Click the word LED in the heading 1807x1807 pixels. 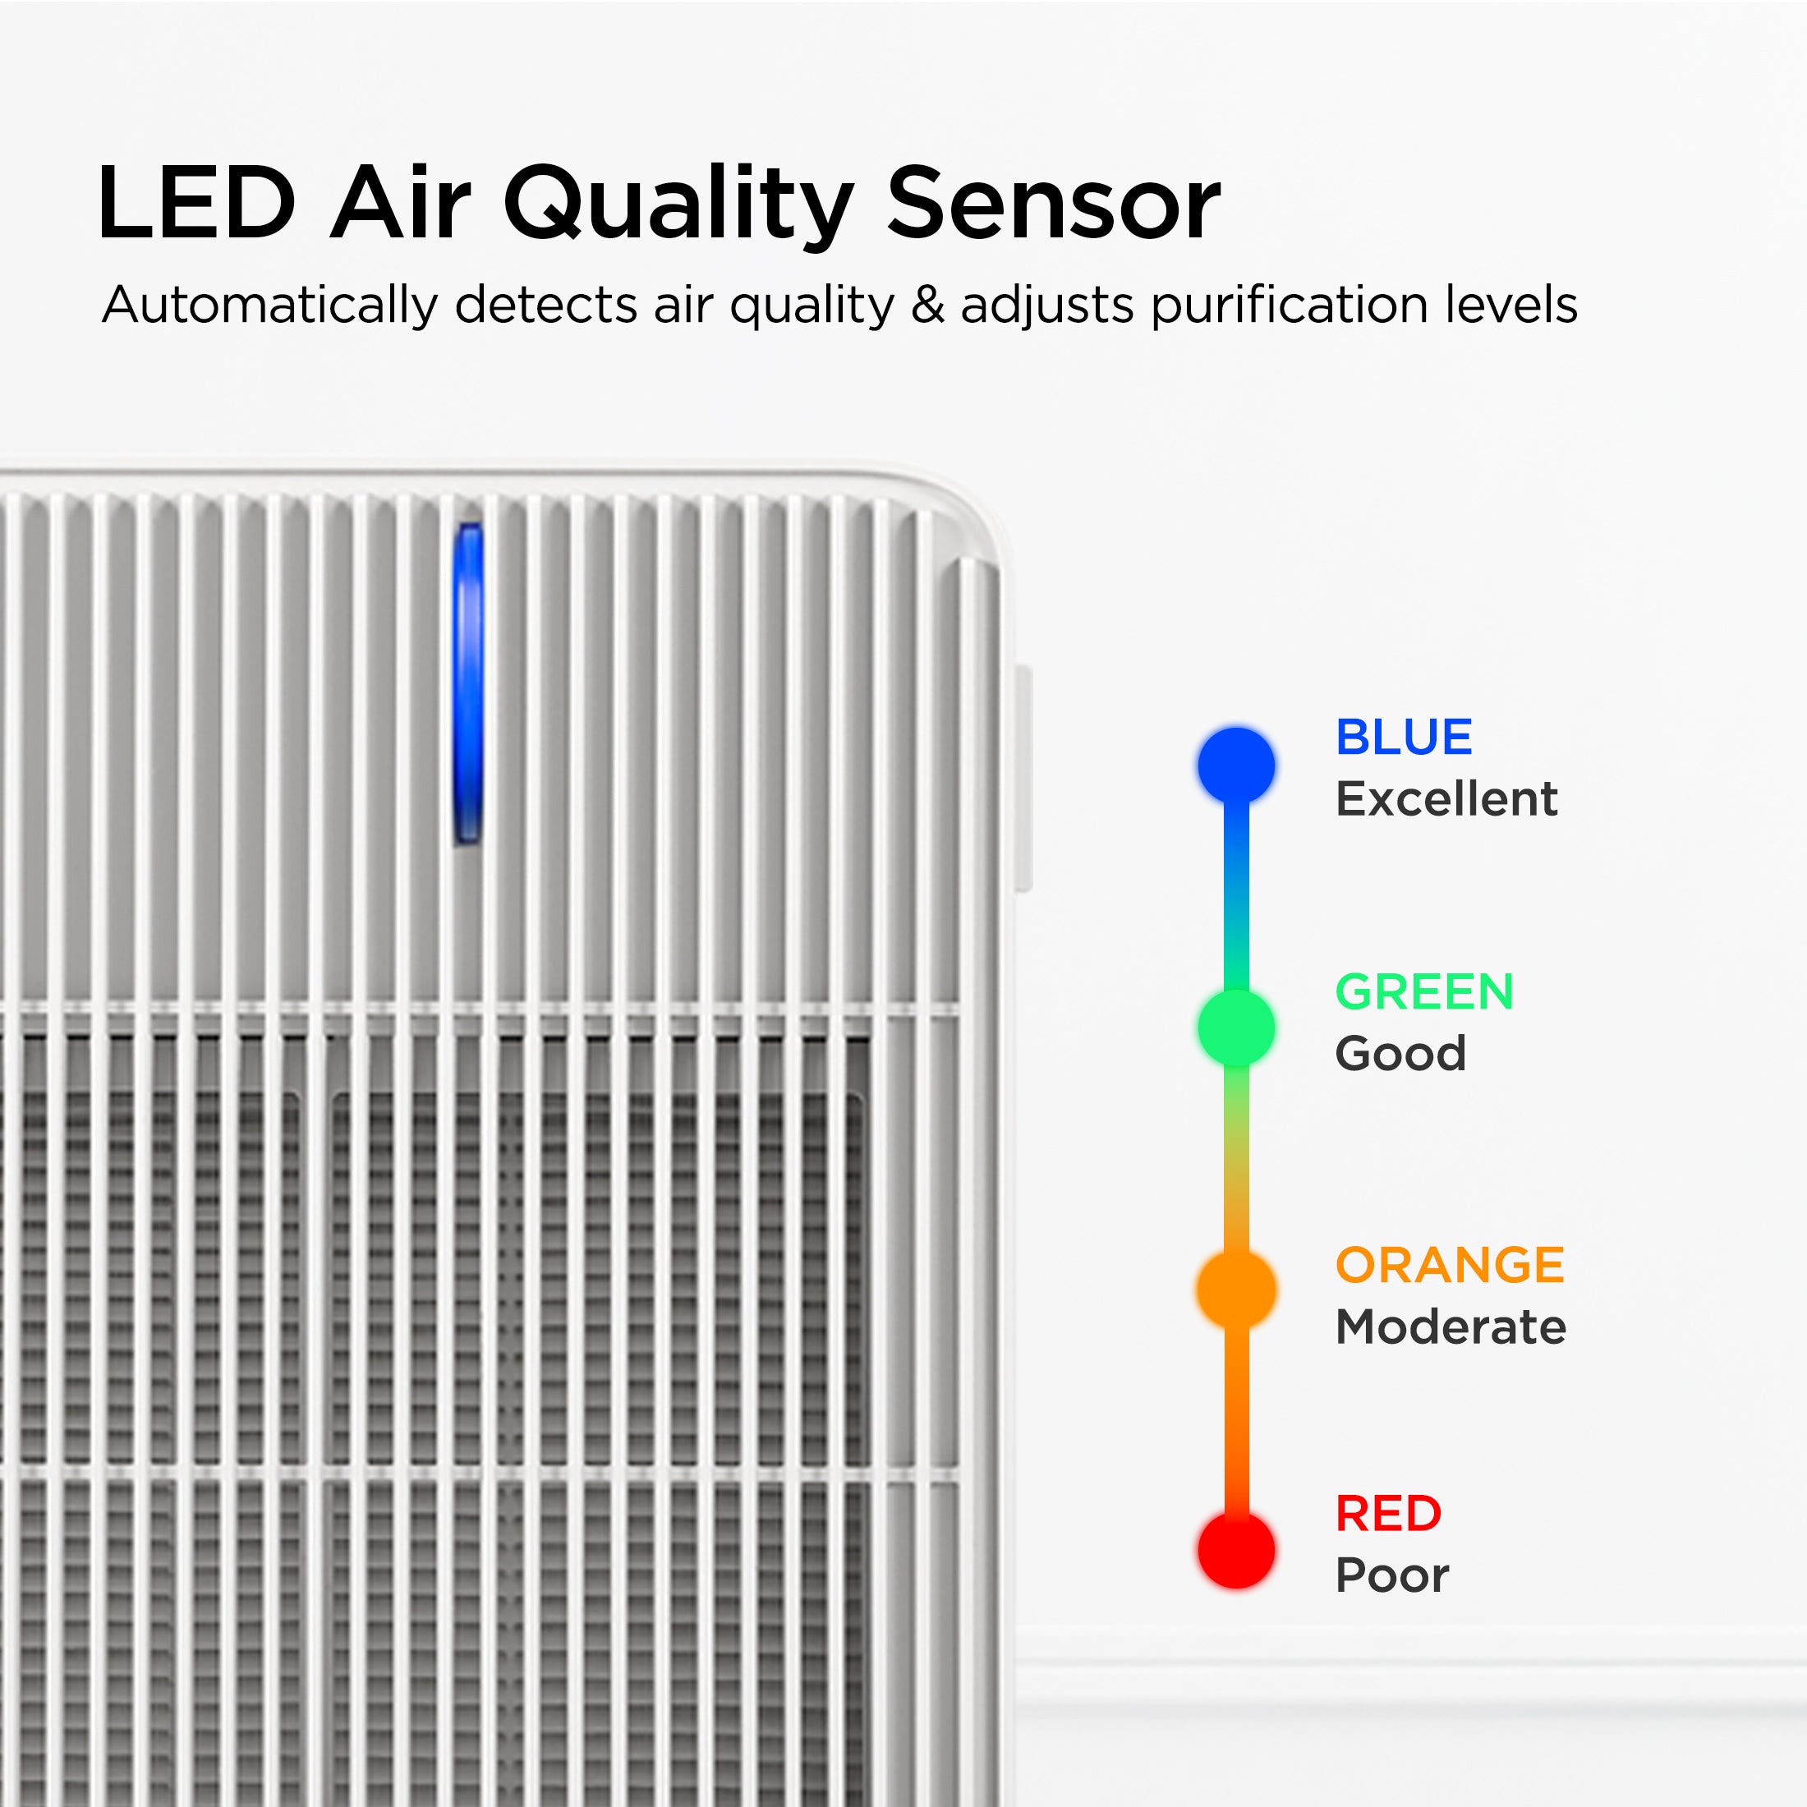coord(196,203)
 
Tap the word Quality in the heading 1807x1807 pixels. coord(678,207)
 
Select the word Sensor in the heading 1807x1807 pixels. coord(1053,203)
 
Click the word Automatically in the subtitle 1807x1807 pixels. coord(269,306)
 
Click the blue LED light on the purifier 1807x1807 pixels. coord(468,683)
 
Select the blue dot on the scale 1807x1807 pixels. coord(1236,765)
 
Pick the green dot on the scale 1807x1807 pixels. coord(1236,1028)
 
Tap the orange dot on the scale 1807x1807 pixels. coord(1236,1290)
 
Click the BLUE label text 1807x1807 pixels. coord(1404,737)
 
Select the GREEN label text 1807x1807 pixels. coord(1424,991)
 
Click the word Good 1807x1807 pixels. coord(1401,1054)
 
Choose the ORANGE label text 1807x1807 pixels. coord(1451,1265)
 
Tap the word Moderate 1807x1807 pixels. coord(1451,1327)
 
